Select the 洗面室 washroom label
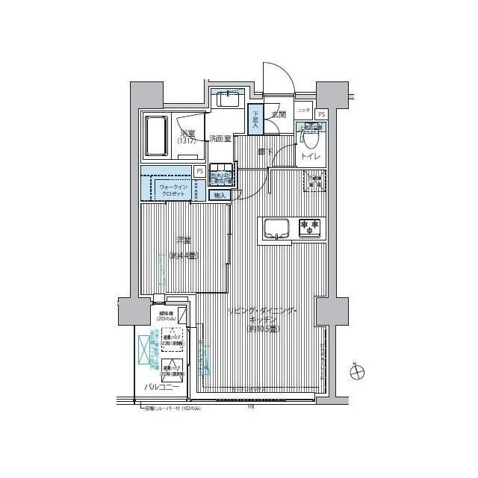coord(220,138)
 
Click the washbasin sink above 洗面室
coord(226,100)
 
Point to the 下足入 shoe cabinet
coord(254,119)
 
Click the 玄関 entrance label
coord(279,115)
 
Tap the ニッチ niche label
coord(302,111)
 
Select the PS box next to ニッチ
coord(321,114)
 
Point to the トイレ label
coord(311,157)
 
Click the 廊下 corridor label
coord(265,152)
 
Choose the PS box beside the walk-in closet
coord(199,172)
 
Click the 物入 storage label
coord(220,196)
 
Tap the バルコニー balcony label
coord(161,387)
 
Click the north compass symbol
coord(358,371)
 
